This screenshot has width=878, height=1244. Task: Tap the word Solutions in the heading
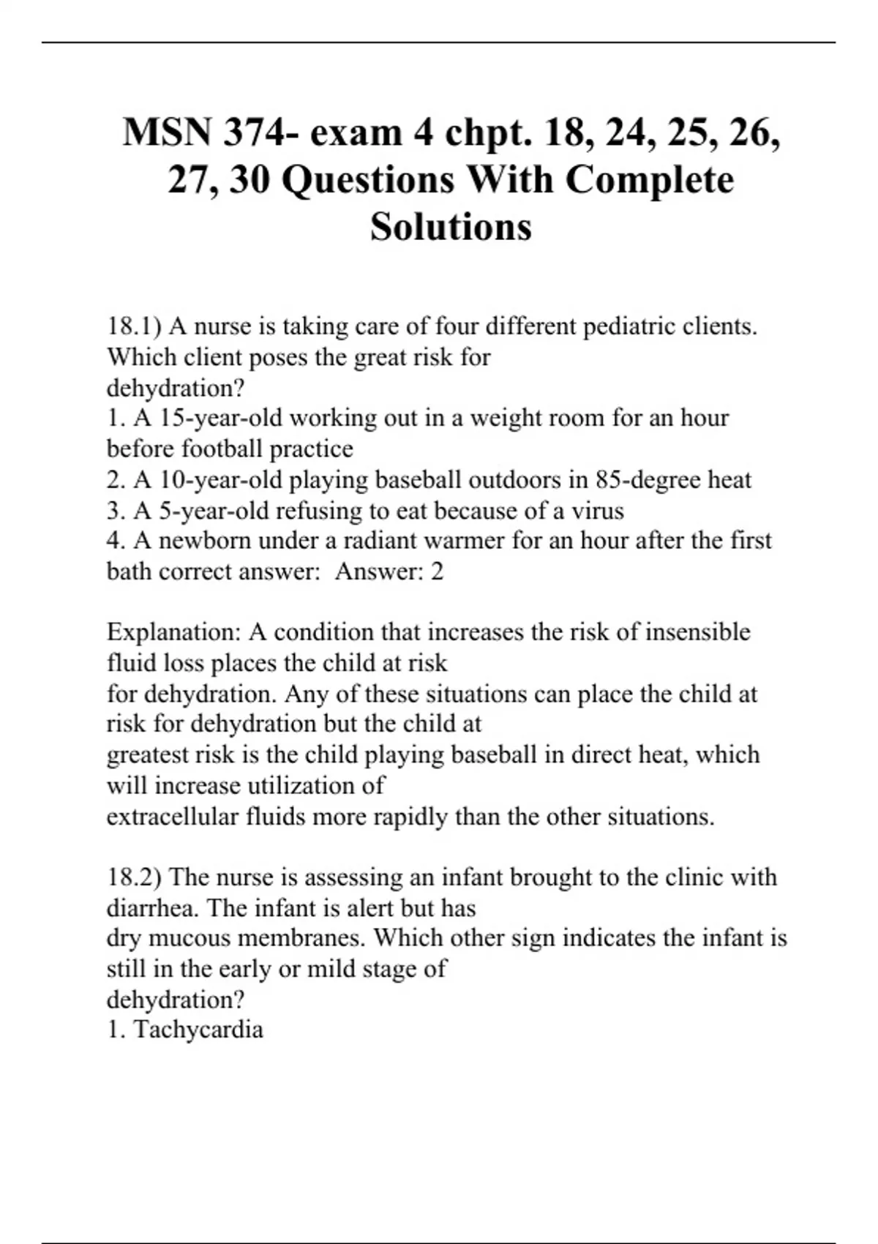click(x=451, y=226)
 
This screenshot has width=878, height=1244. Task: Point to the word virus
click(x=597, y=510)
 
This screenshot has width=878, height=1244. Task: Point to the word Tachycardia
click(x=198, y=1030)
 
